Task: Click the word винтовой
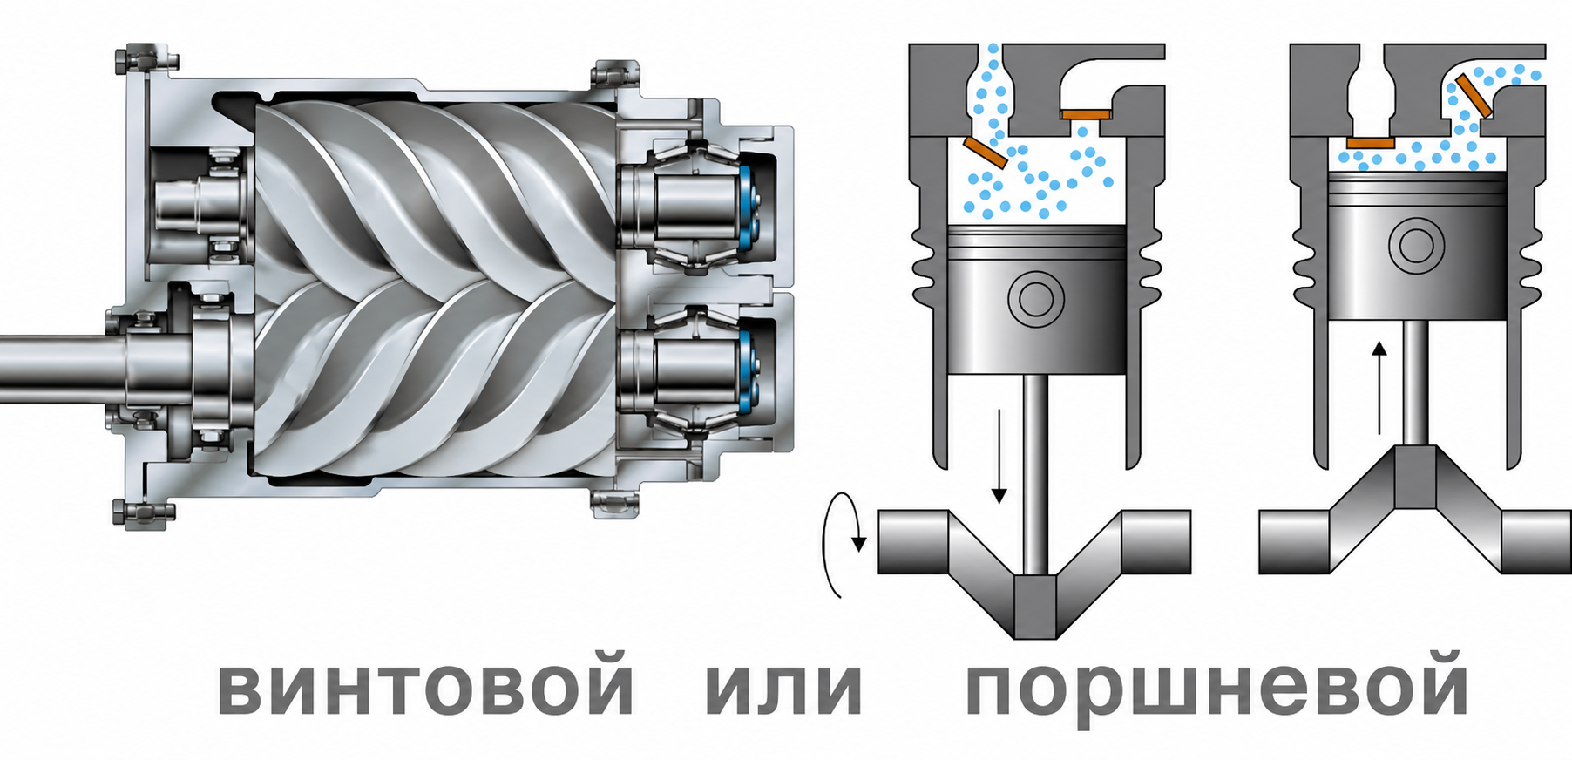425,684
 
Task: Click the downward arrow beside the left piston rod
999,455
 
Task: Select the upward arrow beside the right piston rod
1379,387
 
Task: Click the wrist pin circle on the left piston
1036,300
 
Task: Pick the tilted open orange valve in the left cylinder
986,152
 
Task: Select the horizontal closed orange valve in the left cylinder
1086,113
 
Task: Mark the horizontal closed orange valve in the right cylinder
1371,142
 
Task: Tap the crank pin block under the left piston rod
1036,607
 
